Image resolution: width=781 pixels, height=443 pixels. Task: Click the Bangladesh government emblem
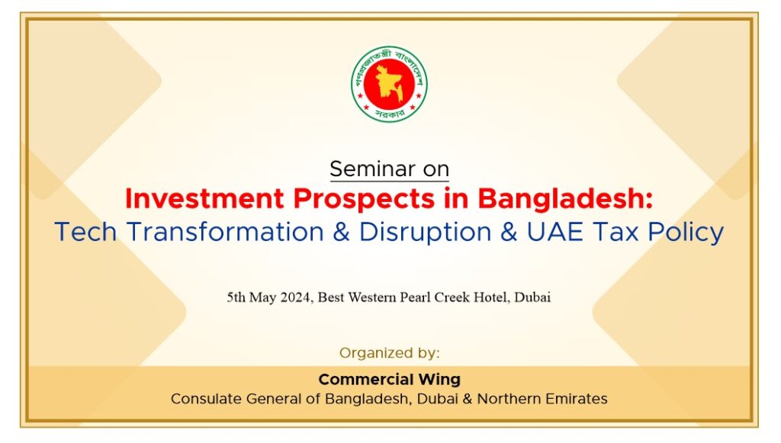tap(389, 84)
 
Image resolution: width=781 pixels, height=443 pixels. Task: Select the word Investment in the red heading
tap(204, 198)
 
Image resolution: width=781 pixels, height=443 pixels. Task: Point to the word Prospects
tap(364, 199)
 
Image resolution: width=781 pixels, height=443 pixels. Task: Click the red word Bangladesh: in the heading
tap(565, 199)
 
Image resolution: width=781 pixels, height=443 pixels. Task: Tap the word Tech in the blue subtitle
tap(85, 232)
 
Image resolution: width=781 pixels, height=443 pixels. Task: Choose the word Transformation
tap(225, 232)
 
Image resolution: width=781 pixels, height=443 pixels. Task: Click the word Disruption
tap(426, 233)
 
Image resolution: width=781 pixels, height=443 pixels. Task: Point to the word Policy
tap(686, 233)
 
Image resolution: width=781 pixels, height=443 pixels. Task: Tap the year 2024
tap(297, 297)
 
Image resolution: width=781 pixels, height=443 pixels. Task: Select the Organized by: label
tap(390, 353)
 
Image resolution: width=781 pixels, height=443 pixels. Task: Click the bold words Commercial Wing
tap(390, 379)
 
